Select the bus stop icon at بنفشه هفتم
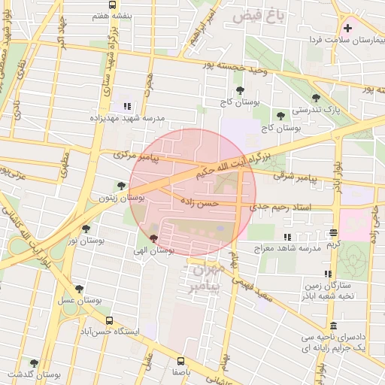[112, 5]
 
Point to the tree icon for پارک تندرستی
[316, 98]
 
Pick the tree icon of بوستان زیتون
[122, 186]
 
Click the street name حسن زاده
[200, 202]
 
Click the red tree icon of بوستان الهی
[153, 239]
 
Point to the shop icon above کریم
[333, 233]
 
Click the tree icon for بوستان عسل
[79, 289]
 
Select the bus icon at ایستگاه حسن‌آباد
[109, 321]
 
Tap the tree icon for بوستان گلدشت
[34, 363]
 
